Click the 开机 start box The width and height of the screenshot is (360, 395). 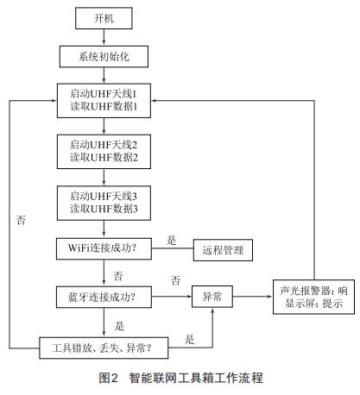pyautogui.click(x=104, y=18)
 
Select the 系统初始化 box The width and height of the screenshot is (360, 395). pyautogui.click(x=104, y=57)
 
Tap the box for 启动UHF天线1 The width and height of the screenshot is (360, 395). pyautogui.click(x=104, y=101)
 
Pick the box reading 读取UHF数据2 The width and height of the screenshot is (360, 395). pyautogui.click(x=104, y=152)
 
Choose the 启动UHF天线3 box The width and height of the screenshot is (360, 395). pyautogui.click(x=104, y=203)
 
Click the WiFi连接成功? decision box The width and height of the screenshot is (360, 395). pyautogui.click(x=104, y=248)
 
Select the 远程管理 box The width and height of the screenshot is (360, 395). pyautogui.click(x=223, y=250)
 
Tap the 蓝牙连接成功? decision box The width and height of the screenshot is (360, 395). pyautogui.click(x=104, y=297)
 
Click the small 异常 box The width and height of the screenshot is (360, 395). pyautogui.click(x=212, y=297)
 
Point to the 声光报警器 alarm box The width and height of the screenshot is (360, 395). pyautogui.click(x=313, y=297)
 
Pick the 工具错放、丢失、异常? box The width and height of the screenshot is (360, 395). pyautogui.click(x=104, y=348)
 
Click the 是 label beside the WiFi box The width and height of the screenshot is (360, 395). pyautogui.click(x=172, y=240)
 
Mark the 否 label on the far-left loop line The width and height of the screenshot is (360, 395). pyautogui.click(x=21, y=220)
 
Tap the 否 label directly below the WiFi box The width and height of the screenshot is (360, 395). pyautogui.click(x=118, y=276)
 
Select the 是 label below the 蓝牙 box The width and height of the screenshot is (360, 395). pyautogui.click(x=119, y=326)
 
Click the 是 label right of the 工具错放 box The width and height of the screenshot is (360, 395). pyautogui.click(x=189, y=340)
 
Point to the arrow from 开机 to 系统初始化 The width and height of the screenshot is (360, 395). pyautogui.click(x=104, y=37)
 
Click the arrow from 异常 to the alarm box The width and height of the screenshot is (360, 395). pyautogui.click(x=253, y=297)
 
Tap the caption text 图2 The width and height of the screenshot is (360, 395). pyautogui.click(x=109, y=378)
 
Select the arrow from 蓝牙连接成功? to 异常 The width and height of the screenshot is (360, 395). pyautogui.click(x=172, y=297)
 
